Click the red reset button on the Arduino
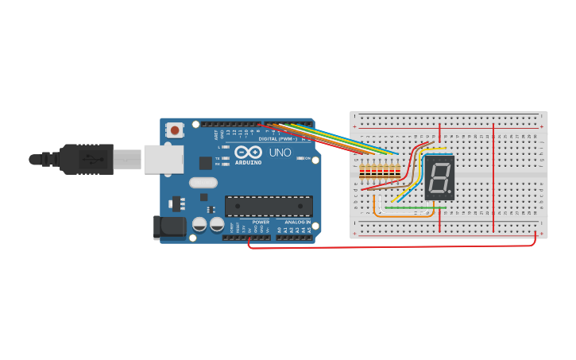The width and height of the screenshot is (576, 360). (174, 129)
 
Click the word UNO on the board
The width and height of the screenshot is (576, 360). (280, 153)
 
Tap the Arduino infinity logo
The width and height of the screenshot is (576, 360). (247, 153)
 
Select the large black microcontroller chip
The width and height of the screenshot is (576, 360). (268, 207)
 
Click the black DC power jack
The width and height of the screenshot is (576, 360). (170, 227)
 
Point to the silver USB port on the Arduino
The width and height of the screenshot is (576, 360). (163, 160)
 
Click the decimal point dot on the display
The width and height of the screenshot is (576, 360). (450, 192)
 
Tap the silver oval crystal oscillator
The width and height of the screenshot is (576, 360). (203, 183)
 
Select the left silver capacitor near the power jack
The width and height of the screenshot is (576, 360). (199, 225)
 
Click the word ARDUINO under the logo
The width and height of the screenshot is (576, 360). (248, 163)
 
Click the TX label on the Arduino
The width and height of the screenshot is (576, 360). (218, 158)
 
